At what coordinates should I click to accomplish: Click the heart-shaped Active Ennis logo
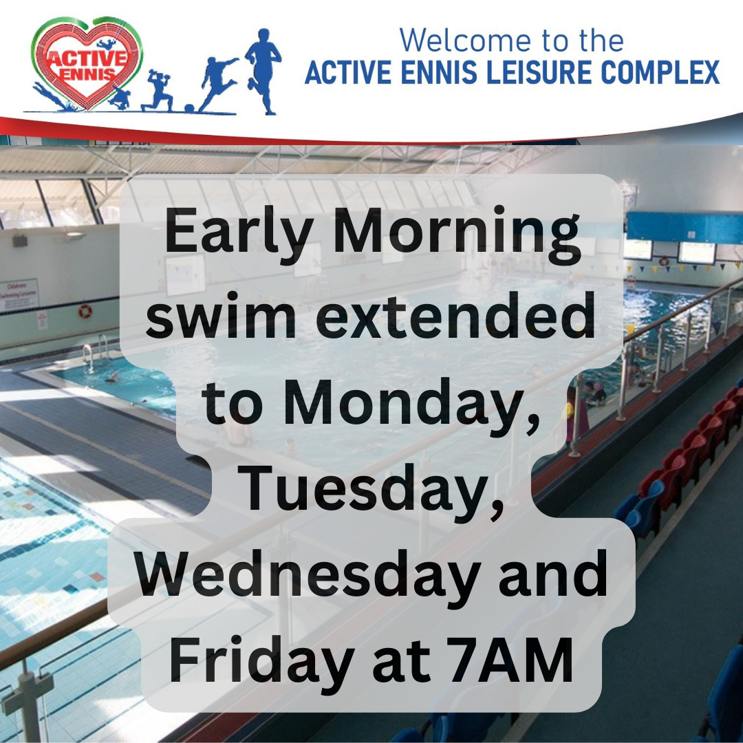click(87, 63)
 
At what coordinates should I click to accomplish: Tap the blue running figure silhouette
click(263, 71)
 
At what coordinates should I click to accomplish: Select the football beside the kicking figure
click(189, 109)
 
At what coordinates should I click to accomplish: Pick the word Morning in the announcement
click(457, 234)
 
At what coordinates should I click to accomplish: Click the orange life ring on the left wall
click(85, 312)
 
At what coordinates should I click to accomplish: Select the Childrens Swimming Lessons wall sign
click(19, 294)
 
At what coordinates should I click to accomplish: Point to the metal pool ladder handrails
click(96, 349)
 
